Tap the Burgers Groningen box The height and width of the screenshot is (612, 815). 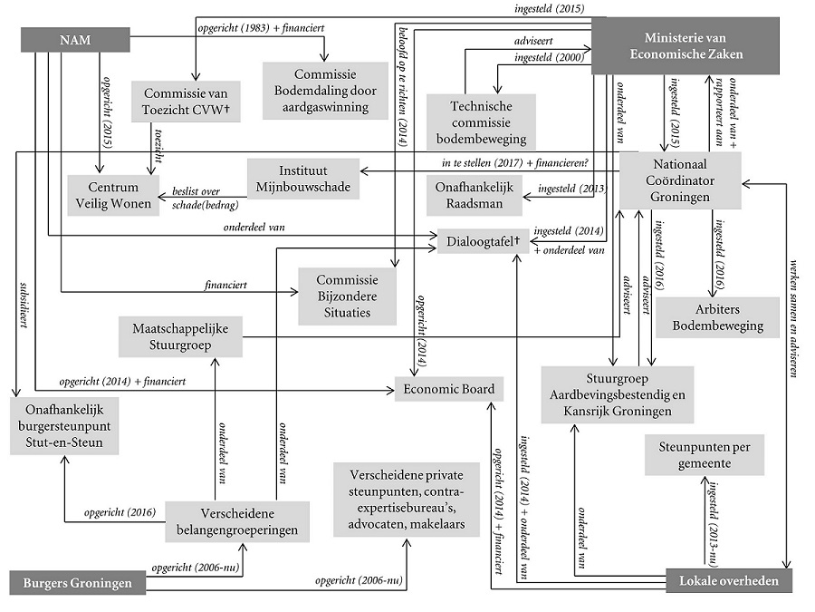[x=75, y=582]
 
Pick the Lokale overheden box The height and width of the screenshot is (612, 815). [x=728, y=581]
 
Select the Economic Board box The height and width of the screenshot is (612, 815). [x=448, y=389]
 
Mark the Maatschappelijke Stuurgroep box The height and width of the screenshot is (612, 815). [x=181, y=336]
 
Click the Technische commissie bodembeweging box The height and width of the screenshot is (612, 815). [x=480, y=121]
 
